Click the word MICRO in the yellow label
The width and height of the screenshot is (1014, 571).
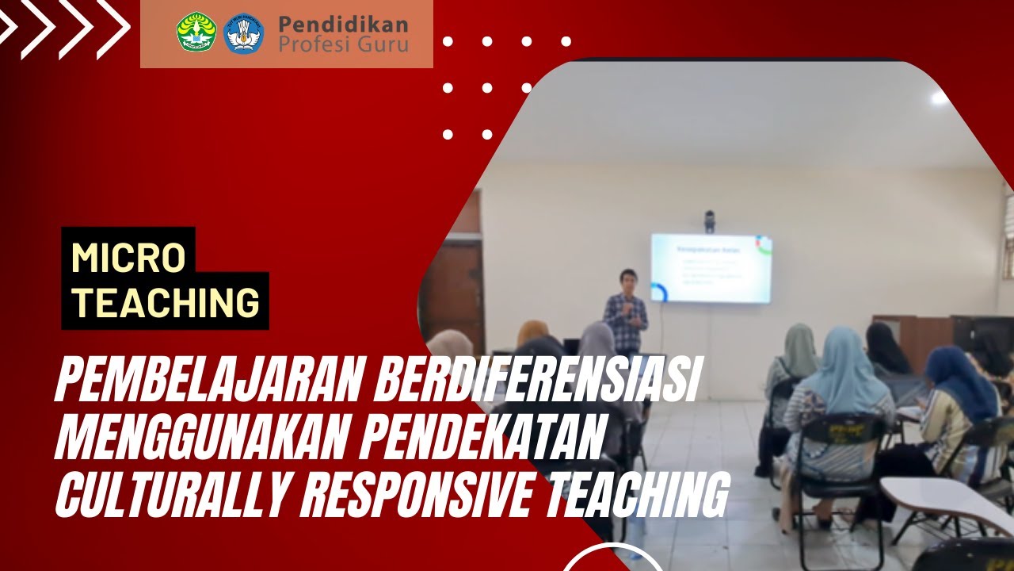tap(128, 258)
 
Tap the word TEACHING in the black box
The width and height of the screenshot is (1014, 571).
tap(166, 301)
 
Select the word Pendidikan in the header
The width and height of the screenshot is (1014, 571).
tap(343, 24)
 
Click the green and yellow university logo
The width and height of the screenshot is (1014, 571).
tap(196, 33)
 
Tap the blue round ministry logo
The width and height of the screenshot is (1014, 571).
tap(243, 33)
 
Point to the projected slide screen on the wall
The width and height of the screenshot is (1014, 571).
tap(711, 268)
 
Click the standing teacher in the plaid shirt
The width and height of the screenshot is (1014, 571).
tap(626, 313)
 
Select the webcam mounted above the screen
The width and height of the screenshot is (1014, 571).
tap(709, 220)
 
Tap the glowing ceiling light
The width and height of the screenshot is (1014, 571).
tap(940, 98)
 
